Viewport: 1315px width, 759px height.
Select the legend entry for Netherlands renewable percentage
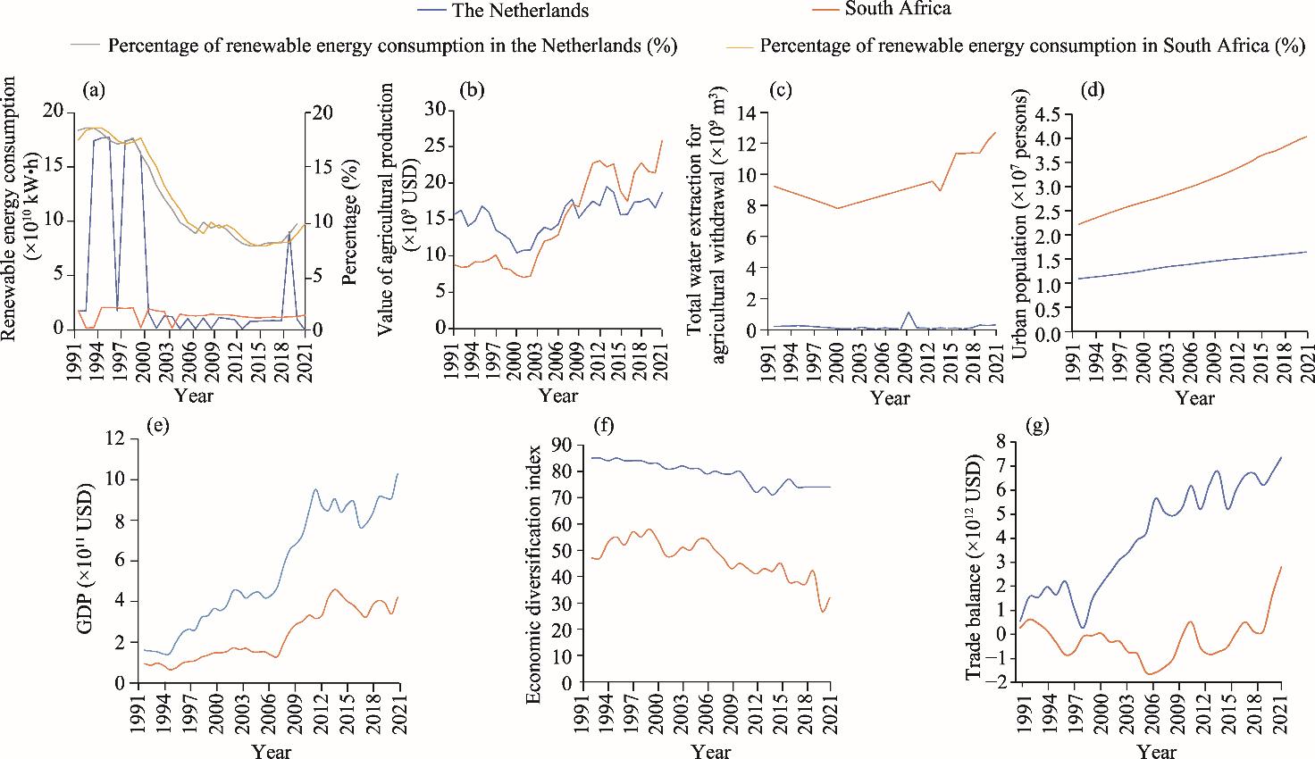[x=391, y=46]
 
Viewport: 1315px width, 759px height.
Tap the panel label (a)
[x=94, y=89]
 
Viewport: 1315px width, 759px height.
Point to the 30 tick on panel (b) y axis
[x=433, y=109]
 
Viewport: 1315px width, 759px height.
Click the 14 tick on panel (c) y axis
[x=746, y=113]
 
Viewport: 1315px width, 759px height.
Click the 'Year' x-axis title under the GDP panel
[x=271, y=751]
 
